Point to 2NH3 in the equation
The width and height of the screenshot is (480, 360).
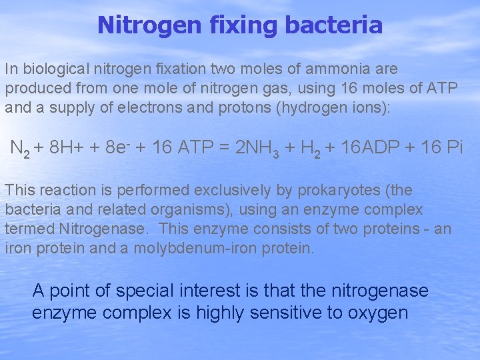point(262,149)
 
